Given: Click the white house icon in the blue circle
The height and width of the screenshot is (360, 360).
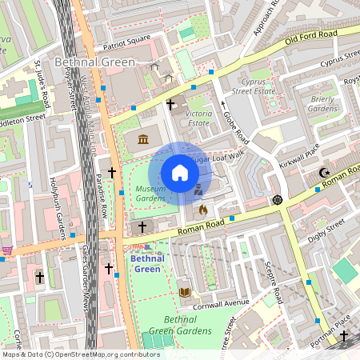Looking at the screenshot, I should click(180, 172).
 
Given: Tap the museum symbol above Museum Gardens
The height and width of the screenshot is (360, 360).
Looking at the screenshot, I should click(143, 141).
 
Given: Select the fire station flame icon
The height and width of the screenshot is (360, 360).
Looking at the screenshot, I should click(202, 210).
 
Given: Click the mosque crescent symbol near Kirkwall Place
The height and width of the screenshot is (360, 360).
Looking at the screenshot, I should click(324, 173).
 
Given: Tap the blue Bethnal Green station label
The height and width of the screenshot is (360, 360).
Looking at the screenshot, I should click(146, 263).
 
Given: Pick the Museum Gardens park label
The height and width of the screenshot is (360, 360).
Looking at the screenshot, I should click(150, 193).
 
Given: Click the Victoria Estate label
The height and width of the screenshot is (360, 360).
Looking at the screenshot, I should click(198, 118).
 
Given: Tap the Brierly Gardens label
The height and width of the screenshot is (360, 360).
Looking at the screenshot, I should click(322, 103).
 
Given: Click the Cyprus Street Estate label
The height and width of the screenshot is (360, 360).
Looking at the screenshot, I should click(259, 86).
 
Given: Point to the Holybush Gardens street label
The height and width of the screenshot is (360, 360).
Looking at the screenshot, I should click(57, 209).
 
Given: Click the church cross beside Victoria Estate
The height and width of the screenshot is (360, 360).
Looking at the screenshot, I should click(170, 104).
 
